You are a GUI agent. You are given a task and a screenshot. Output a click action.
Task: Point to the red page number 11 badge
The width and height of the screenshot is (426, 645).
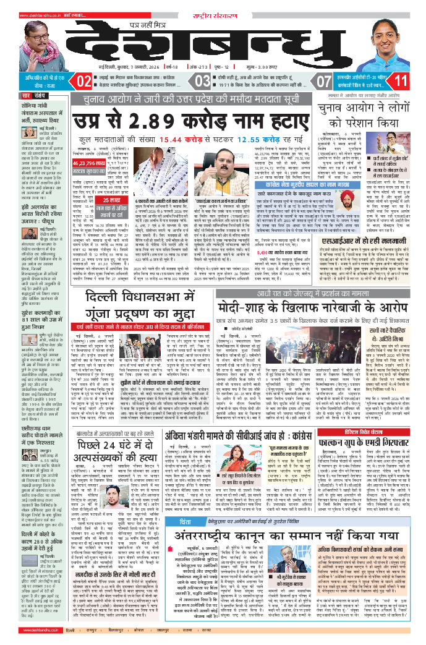(x=401, y=81)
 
